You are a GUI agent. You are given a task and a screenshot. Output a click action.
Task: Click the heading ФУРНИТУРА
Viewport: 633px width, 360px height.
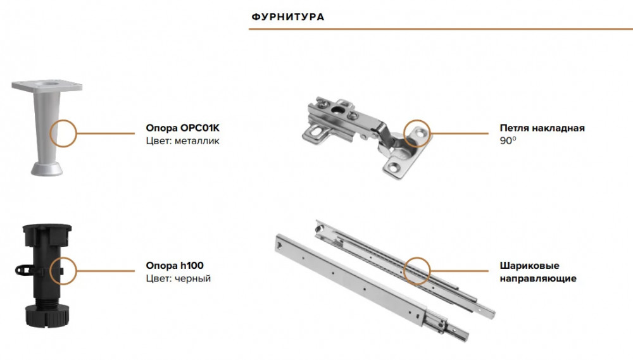(288, 17)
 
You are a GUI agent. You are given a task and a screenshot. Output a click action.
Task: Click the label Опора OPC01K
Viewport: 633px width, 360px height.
(182, 128)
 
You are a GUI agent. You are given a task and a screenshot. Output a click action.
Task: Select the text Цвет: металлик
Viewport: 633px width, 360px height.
(182, 141)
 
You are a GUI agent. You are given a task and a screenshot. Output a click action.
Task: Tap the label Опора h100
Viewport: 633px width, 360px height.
(175, 266)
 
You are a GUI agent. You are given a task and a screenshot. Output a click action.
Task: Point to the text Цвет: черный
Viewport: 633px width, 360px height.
(178, 278)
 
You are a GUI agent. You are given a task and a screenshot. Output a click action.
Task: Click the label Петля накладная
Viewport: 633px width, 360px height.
(542, 128)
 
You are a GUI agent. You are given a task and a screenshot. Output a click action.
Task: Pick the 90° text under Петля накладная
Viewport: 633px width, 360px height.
(508, 140)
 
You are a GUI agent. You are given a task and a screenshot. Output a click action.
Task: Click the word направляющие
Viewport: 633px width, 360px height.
(537, 278)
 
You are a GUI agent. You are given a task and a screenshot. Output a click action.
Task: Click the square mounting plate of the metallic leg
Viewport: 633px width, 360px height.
(47, 85)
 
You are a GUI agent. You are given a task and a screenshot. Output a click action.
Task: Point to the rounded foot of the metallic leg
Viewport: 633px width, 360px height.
(47, 169)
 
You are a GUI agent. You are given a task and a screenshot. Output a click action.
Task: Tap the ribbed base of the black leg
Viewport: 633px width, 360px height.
(47, 316)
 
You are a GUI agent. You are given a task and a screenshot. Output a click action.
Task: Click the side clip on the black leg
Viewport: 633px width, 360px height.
(23, 270)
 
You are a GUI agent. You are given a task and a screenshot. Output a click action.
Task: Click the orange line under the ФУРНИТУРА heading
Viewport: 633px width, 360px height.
(441, 29)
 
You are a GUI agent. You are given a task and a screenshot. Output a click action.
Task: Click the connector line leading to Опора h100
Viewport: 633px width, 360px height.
(106, 271)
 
